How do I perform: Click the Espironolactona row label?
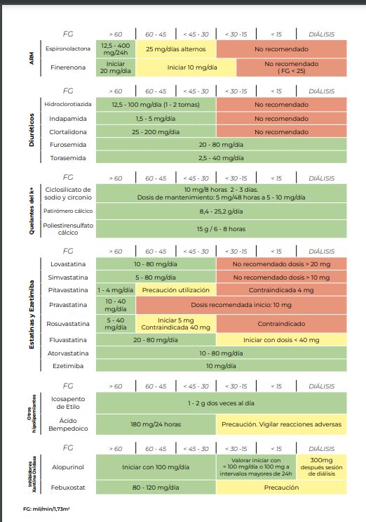coord(67,50)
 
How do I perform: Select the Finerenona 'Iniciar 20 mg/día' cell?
coord(116,67)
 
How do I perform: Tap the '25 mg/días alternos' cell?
coord(176,50)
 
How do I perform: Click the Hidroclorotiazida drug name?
coord(67,104)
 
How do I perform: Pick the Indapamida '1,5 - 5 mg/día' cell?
coord(156,118)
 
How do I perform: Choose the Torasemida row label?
coord(67,158)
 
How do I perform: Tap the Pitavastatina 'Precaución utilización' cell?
coord(176,290)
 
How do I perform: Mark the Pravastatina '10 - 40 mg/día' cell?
coord(116,305)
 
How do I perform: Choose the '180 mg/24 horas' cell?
coord(156,424)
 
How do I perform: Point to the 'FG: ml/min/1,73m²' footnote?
coord(45,507)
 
